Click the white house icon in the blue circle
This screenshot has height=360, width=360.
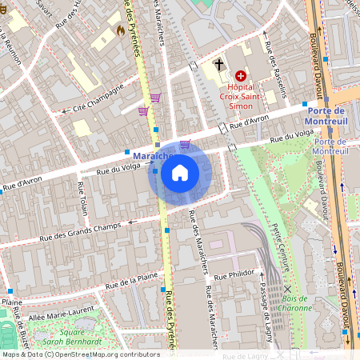click(180, 173)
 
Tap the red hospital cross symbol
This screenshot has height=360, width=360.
click(240, 75)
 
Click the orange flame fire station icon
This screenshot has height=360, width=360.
click(120, 30)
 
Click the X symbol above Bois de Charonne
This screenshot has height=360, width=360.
click(287, 289)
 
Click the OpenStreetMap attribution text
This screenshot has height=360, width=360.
click(80, 354)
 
